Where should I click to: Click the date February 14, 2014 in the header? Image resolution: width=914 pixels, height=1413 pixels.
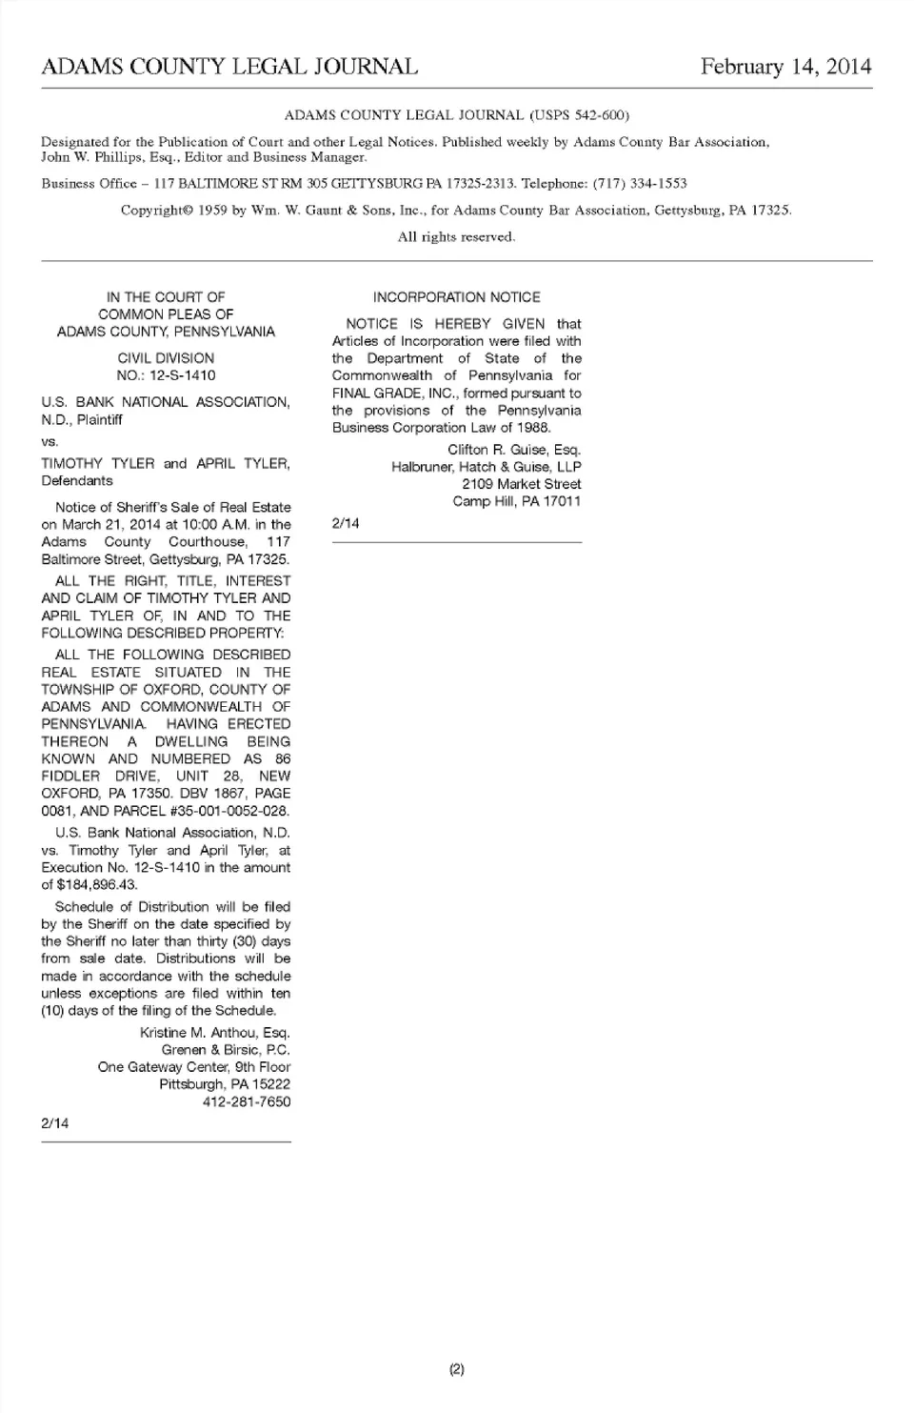[x=785, y=67]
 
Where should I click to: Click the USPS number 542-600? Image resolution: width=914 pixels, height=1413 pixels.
[x=595, y=115]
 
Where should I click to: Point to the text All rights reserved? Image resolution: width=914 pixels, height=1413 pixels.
[x=456, y=236]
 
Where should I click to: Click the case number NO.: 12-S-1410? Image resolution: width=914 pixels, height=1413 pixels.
[x=166, y=375]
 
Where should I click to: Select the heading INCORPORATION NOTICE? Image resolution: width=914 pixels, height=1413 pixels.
[x=456, y=297]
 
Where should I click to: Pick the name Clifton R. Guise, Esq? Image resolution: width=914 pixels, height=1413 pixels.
[x=514, y=450]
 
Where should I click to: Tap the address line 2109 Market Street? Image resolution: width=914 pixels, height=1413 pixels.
[x=521, y=484]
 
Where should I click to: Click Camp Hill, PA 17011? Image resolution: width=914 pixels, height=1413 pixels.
[x=516, y=501]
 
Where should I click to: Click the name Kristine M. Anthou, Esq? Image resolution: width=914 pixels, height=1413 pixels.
[x=215, y=1033]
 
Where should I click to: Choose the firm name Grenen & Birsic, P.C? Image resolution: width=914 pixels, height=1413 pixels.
[x=226, y=1050]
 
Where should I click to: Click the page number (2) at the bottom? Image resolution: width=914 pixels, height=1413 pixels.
[x=456, y=1370]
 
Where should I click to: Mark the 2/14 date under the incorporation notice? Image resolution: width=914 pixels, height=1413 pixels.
[x=346, y=523]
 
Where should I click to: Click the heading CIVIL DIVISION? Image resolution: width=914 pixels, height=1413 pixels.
[x=166, y=358]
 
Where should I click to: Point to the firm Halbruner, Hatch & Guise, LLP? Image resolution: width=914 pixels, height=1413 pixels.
[x=486, y=467]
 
